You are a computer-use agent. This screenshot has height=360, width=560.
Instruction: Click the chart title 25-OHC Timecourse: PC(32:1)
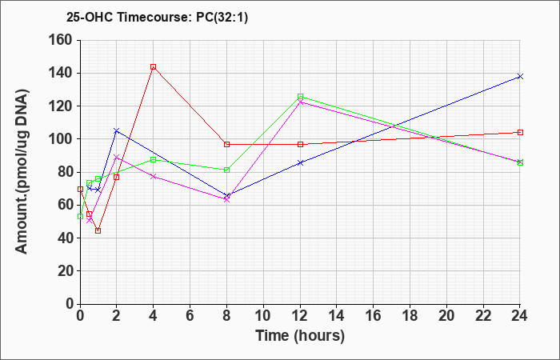click(157, 17)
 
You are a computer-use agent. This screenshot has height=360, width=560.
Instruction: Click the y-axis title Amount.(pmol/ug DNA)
click(22, 171)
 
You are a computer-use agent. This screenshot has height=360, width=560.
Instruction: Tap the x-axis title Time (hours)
click(300, 336)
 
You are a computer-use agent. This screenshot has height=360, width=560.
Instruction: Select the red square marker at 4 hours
click(154, 66)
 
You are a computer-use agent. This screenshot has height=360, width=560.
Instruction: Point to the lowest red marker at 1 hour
click(98, 230)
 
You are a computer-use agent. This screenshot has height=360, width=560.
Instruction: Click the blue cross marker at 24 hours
click(520, 77)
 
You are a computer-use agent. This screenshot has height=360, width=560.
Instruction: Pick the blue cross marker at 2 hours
click(117, 131)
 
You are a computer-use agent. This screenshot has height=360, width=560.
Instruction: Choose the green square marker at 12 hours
click(300, 97)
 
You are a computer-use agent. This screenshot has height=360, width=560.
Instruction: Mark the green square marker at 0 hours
click(80, 217)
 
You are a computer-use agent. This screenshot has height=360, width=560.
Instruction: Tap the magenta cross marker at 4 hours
click(154, 177)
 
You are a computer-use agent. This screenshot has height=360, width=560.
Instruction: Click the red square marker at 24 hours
click(520, 133)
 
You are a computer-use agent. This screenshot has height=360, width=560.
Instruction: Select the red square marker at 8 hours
click(226, 144)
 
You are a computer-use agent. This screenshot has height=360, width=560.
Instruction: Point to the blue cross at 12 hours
click(300, 163)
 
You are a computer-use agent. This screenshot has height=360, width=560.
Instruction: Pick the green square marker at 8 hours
click(226, 170)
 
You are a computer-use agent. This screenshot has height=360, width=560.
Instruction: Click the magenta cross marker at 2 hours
click(117, 157)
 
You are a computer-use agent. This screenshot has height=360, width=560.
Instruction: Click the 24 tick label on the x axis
click(519, 316)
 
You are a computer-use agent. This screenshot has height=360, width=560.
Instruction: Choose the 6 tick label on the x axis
click(190, 316)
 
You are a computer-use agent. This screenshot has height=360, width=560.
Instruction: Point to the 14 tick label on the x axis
click(337, 316)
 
